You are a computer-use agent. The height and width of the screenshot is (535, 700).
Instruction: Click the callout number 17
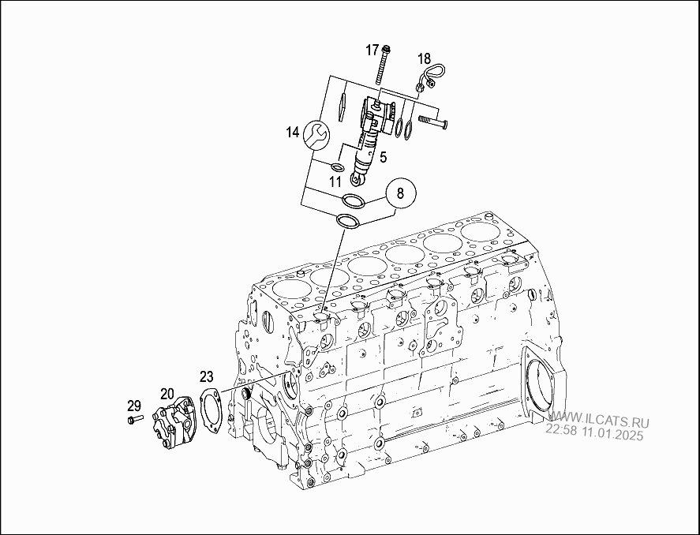click(x=372, y=50)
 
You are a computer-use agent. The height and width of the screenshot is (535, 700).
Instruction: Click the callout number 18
click(x=424, y=58)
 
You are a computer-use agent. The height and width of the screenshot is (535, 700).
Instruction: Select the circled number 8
click(x=400, y=192)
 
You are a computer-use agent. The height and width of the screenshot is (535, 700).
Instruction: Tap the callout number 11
click(x=335, y=182)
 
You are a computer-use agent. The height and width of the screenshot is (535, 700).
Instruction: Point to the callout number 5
click(x=383, y=157)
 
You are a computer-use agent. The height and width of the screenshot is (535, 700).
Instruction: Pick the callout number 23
click(x=206, y=376)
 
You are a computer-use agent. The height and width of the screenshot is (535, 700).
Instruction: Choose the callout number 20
click(x=167, y=392)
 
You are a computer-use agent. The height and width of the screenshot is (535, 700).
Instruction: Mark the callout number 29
click(x=133, y=406)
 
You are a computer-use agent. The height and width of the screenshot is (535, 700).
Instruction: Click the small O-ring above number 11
click(x=337, y=166)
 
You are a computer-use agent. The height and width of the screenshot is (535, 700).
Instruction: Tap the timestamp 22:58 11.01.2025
click(x=594, y=434)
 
